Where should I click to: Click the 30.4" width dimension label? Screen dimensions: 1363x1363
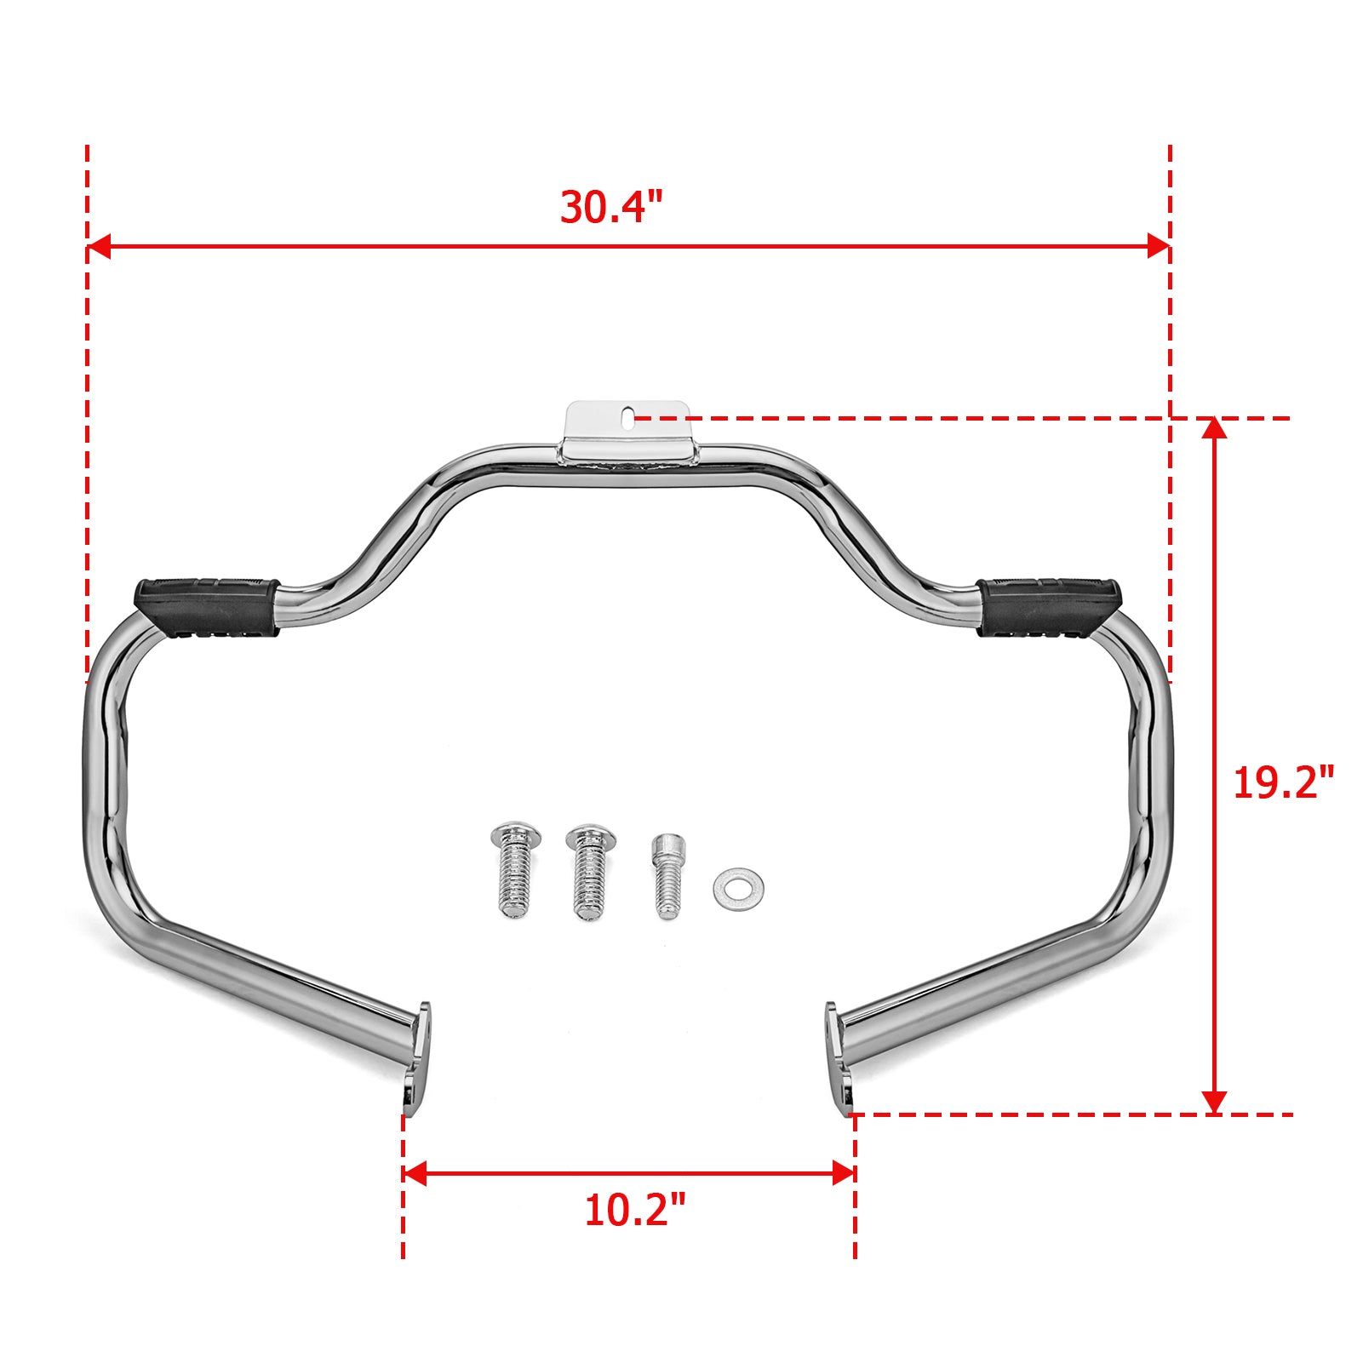click(610, 207)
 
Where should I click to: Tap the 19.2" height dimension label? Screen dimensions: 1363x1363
click(1283, 782)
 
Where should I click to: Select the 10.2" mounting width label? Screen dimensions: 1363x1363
click(634, 1210)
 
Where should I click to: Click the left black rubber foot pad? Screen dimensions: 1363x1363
click(207, 607)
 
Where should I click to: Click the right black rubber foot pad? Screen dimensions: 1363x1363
click(1049, 607)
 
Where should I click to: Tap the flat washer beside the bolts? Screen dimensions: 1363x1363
click(738, 888)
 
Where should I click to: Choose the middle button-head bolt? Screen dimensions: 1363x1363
click(587, 870)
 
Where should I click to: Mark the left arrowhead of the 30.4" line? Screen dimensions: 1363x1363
click(99, 247)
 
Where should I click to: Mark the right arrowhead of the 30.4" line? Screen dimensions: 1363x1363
click(1159, 247)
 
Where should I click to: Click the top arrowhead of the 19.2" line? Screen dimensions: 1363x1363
click(1214, 428)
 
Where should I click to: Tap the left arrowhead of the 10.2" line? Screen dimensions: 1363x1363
click(414, 1173)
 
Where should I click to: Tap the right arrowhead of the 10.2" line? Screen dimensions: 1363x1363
click(844, 1173)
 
